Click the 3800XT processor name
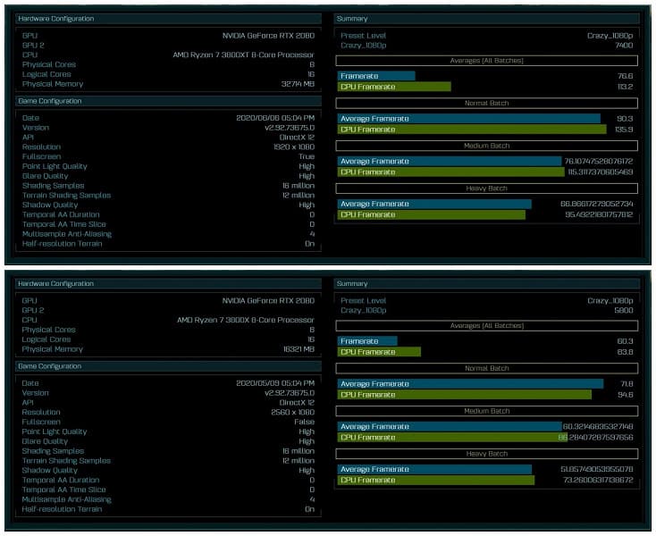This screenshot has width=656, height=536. pos(243,54)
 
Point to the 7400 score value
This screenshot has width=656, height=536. pos(624,45)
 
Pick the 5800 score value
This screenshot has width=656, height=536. pos(624,310)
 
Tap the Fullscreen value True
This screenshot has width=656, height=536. pos(307,156)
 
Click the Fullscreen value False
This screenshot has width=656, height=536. pos(305,422)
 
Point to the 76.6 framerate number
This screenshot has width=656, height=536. pos(625,76)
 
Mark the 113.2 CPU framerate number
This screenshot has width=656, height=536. pos(624,87)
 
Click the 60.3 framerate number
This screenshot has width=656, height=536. pos(624,341)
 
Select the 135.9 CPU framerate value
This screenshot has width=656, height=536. pos(623,130)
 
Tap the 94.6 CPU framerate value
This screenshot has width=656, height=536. pos(624,395)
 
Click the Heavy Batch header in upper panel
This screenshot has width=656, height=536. pos(487,188)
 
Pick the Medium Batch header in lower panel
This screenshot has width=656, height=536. pos(487,411)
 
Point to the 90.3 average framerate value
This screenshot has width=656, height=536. pos(624,119)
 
